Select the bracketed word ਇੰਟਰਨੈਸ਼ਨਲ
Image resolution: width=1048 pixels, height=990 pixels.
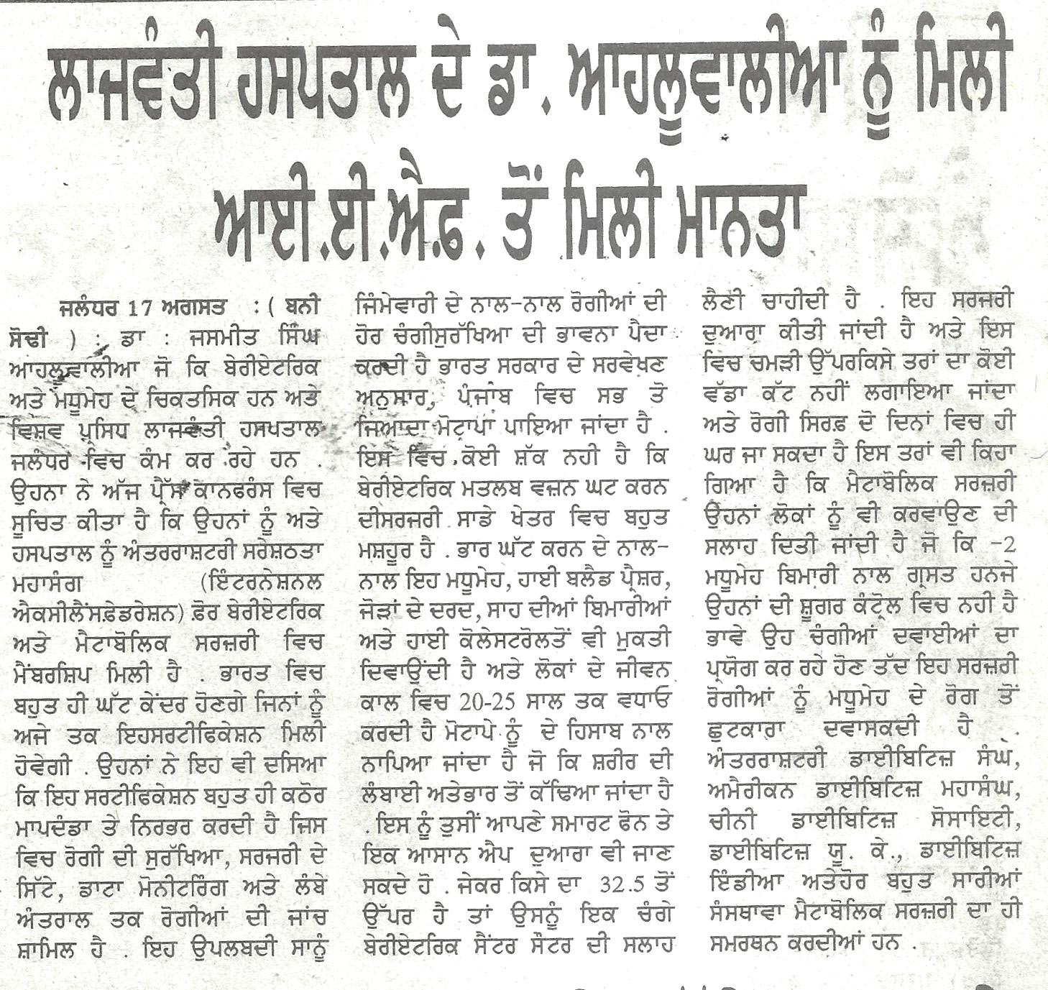(263, 580)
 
